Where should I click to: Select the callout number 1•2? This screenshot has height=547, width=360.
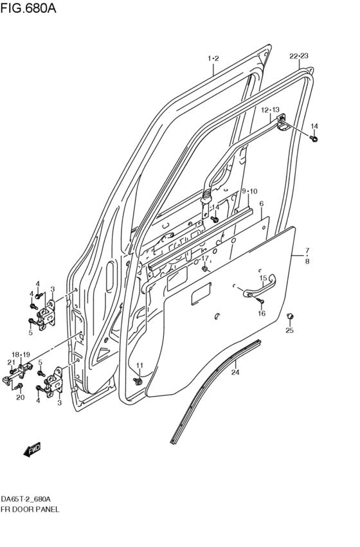(213, 58)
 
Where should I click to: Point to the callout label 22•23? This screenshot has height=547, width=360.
(299, 56)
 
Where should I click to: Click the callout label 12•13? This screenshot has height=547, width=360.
(270, 110)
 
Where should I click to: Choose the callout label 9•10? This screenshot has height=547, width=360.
(249, 191)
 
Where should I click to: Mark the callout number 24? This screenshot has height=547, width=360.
(235, 372)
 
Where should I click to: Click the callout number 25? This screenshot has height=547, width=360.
(289, 330)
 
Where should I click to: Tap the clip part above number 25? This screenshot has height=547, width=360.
(289, 316)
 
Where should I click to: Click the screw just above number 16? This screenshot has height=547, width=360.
(261, 301)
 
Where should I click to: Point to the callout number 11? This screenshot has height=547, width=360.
(139, 366)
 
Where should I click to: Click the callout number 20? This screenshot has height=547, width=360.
(20, 397)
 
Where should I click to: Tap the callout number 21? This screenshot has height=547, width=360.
(11, 363)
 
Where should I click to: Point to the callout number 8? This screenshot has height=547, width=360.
(307, 262)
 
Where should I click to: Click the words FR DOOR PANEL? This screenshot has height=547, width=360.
(30, 509)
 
